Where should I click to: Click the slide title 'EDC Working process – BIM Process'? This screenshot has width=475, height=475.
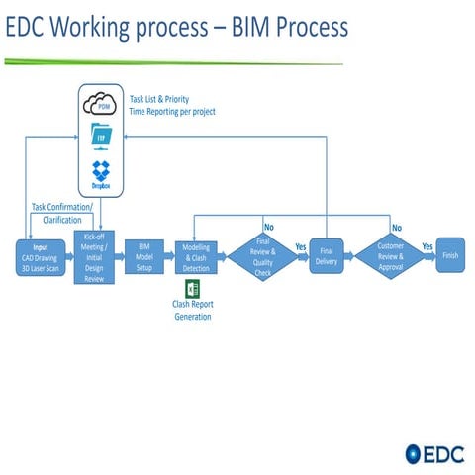(177, 28)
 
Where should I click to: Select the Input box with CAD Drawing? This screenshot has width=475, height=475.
(39, 260)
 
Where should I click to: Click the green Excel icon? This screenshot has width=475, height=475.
(194, 290)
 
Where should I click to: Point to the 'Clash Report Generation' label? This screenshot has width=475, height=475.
(192, 311)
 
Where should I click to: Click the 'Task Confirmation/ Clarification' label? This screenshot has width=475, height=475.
(62, 213)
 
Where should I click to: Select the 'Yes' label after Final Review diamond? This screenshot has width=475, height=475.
(300, 246)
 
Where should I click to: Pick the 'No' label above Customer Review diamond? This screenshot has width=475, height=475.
(396, 229)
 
